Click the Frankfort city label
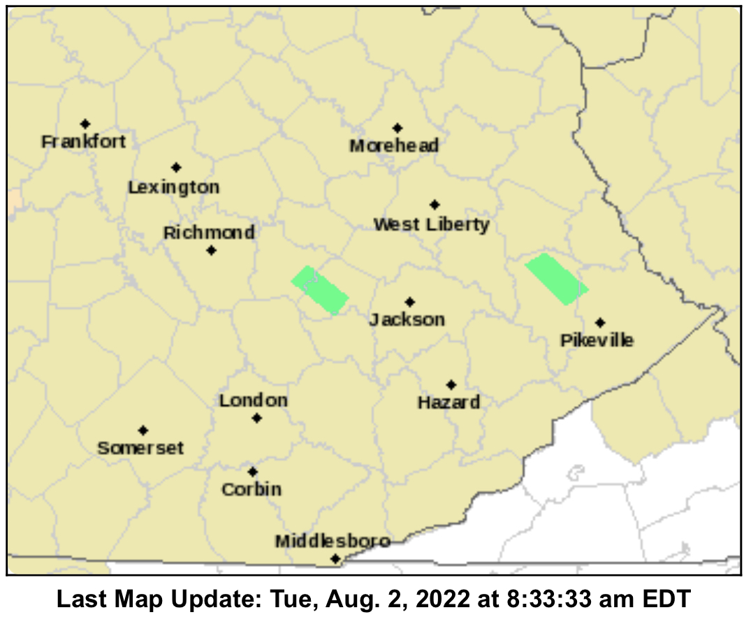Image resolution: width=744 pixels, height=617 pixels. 84,142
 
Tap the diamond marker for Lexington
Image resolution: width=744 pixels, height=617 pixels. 176,168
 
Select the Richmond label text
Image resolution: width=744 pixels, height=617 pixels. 209,233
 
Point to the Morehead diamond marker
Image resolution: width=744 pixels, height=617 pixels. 397,128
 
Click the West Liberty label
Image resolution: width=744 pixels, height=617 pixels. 431,225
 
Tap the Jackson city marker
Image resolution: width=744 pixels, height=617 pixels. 410,302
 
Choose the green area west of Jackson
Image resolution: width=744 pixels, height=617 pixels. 320,290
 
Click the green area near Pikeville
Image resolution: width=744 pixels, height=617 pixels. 556,279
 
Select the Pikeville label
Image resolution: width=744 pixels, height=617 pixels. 597,340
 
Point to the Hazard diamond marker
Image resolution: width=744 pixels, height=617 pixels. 451,385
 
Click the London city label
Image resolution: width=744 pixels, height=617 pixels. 253,401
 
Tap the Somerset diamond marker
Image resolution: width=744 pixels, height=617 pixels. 143,430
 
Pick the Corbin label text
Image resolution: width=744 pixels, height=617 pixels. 251,490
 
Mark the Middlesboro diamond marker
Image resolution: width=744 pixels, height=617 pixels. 335,558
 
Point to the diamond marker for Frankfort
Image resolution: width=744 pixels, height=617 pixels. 85,124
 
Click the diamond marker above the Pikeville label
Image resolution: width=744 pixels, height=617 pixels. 600,322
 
